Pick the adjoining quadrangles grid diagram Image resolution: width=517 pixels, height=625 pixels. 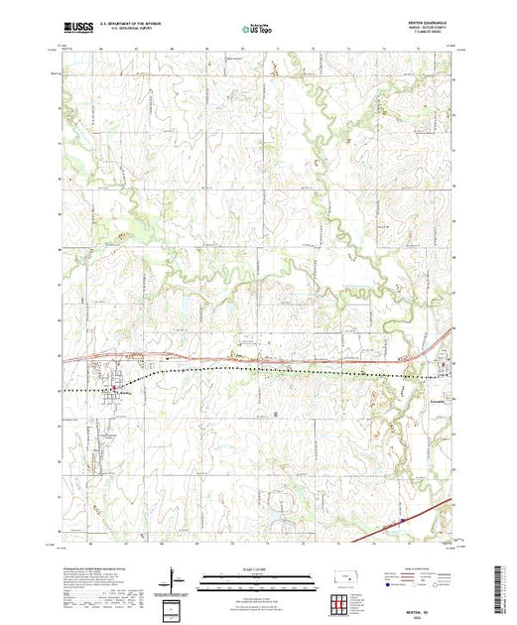338,603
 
